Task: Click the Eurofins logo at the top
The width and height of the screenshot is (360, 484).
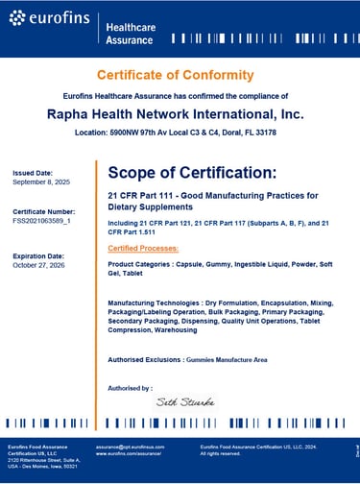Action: coord(48,19)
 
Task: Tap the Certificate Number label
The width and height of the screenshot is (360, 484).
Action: coord(43,210)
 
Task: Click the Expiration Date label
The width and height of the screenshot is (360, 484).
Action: coord(39,256)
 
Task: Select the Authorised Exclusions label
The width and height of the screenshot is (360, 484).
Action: coord(145,359)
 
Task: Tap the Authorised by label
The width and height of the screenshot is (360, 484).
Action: coord(130,388)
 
